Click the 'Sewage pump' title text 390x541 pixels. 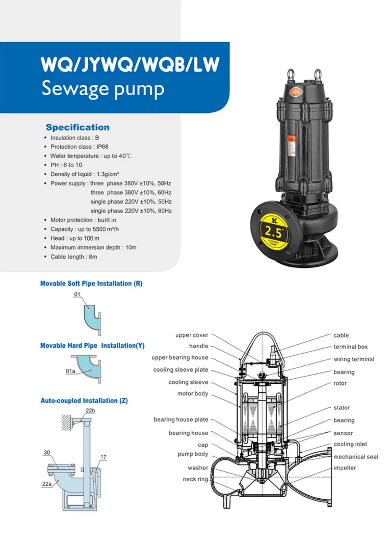pos(103,89)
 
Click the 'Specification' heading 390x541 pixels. pos(78,127)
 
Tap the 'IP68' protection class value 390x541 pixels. pos(102,147)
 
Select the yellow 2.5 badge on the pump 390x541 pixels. pos(274,232)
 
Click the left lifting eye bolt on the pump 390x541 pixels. pos(291,74)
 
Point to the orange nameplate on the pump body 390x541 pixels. pos(291,147)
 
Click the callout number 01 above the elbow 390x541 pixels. pos(77,294)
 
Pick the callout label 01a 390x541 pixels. pos(70,371)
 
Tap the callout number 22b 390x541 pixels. pos(90,411)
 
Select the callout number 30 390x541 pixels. pos(47,453)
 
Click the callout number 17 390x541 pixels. pos(103,457)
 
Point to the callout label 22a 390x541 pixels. pos(47,484)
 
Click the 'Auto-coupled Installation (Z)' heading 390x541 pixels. pos(84,401)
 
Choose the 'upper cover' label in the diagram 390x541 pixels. pos(192,335)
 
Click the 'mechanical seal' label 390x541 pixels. pos(356,457)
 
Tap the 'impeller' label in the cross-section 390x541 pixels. pos(345,468)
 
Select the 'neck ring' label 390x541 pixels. pos(195,479)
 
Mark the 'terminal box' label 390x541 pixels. pos(351,347)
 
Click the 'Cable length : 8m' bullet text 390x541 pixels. pos(74,257)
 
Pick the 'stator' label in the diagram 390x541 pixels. pos(342,408)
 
